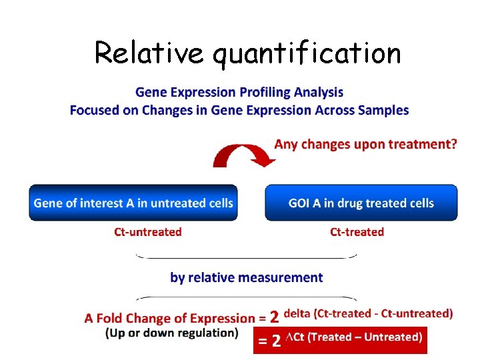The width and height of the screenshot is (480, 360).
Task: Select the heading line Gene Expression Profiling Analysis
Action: click(239, 92)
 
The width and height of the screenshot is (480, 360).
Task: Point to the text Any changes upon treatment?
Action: click(365, 144)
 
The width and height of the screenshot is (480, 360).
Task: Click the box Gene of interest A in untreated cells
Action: click(133, 203)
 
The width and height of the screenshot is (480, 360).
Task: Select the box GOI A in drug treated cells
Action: click(361, 203)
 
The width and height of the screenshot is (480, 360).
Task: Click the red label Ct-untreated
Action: click(148, 232)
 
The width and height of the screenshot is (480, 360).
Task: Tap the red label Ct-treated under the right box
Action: click(357, 232)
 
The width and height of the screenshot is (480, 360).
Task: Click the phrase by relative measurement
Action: click(246, 277)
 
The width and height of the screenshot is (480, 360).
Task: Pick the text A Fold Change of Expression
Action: click(169, 319)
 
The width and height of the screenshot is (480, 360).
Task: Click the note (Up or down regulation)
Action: click(171, 333)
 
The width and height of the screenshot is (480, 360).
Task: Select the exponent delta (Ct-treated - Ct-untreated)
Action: click(368, 313)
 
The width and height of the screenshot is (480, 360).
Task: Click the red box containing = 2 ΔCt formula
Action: click(340, 339)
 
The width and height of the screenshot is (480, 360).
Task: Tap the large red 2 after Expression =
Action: click(274, 318)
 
